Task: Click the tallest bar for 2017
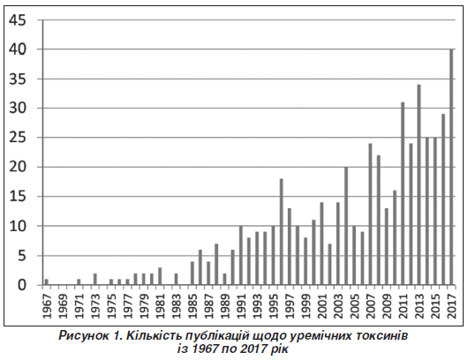pos(451,167)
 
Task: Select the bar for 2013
pos(419,185)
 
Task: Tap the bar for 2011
pos(403,193)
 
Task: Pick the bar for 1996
pos(281,232)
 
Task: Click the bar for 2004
pos(346,226)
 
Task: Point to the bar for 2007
pos(370,214)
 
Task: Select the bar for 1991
pos(241,256)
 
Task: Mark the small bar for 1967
pos(47,282)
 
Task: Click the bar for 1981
pos(160,276)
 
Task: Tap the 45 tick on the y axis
pos(18,20)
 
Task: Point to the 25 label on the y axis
pos(18,138)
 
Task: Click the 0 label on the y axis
pos(22,285)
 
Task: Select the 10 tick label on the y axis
pos(18,226)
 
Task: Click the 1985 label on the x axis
pos(192,306)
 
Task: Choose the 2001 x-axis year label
pos(322,306)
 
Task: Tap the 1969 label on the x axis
pos(64,306)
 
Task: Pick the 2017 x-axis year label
pos(452,306)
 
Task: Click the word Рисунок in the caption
pos(84,336)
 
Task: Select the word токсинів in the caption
pos(382,336)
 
